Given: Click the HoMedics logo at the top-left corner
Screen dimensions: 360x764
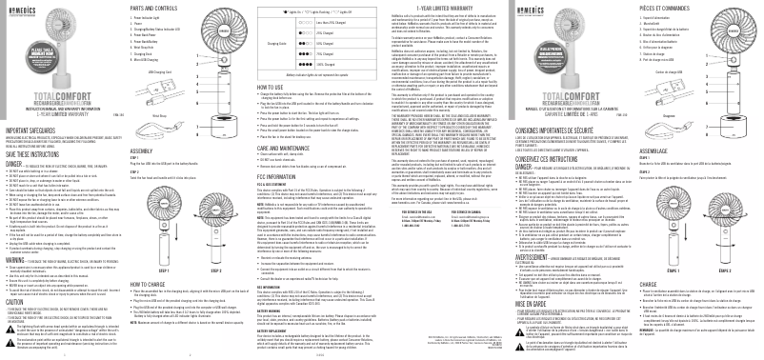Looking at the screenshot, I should pyautogui.click(x=24, y=9).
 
